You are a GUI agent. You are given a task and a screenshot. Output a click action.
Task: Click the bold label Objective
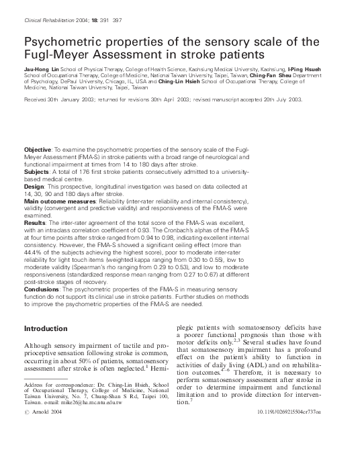[37, 148]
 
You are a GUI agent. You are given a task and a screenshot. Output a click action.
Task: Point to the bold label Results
[34, 222]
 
